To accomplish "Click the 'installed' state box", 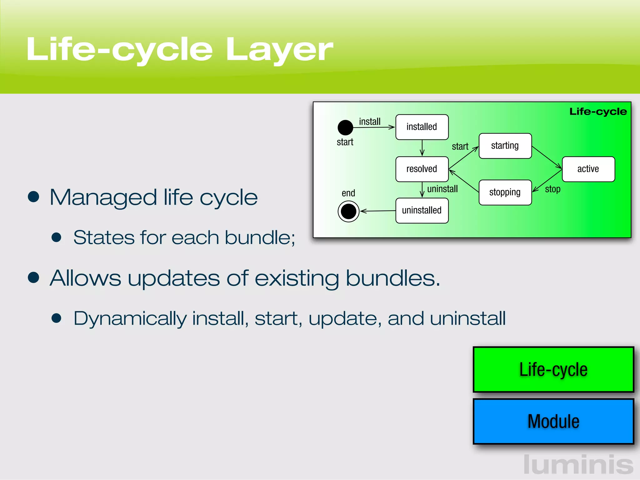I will [422, 127].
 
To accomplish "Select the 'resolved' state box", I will [422, 169].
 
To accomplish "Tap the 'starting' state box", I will [505, 146].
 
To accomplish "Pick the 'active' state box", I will [588, 169].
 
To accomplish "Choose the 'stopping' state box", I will [505, 192].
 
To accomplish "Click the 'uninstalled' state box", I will [422, 210].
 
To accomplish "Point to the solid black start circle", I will [345, 127].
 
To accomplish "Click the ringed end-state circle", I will [348, 212].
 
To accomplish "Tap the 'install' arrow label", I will [370, 122].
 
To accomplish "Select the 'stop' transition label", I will [552, 189].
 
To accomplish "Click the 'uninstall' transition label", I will [442, 189].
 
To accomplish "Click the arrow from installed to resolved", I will [422, 148].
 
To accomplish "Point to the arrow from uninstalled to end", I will [378, 211].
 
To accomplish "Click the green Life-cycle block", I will [553, 369].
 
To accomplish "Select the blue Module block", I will [553, 421].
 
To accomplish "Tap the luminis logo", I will [578, 465].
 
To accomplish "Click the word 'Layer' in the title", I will [279, 50].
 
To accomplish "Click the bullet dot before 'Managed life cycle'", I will [33, 197].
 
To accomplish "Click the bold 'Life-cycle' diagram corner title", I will [598, 112].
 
